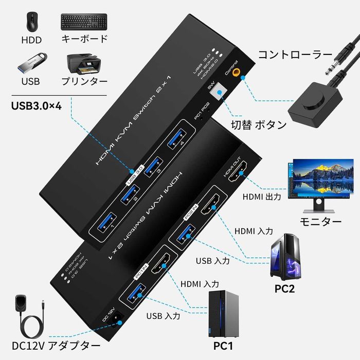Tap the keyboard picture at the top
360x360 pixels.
coord(84,21)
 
